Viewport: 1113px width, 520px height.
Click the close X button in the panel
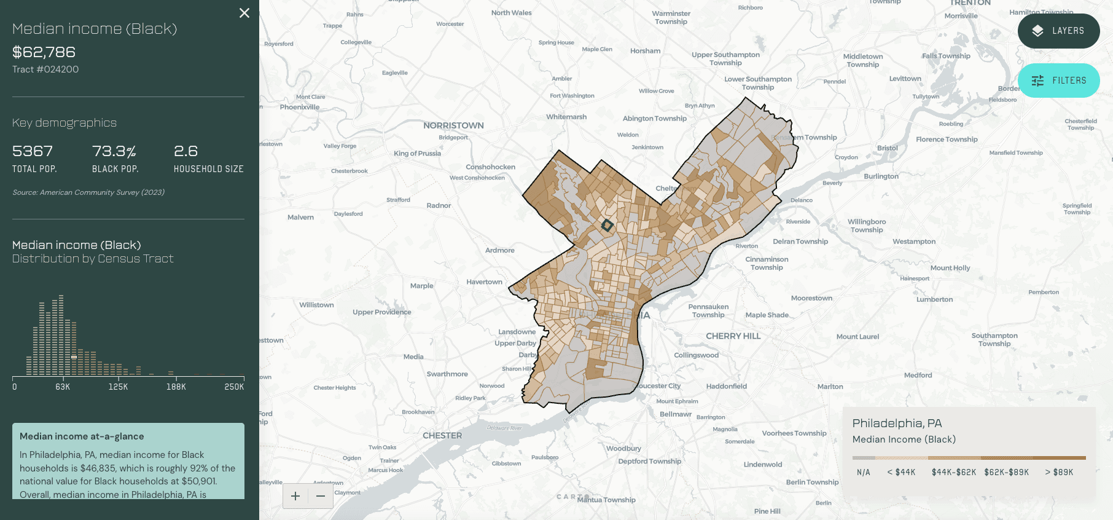tap(244, 13)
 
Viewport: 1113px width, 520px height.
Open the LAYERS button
tap(1058, 31)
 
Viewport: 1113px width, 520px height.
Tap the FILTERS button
tap(1058, 81)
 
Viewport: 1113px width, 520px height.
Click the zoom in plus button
tap(295, 496)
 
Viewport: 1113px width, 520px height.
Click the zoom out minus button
tap(321, 496)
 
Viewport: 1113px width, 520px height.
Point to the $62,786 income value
tap(44, 52)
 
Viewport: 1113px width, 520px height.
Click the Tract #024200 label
tap(45, 69)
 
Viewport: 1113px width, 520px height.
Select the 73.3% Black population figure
tap(114, 151)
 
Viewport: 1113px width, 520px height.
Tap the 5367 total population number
tap(33, 151)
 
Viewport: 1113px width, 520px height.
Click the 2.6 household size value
tap(185, 151)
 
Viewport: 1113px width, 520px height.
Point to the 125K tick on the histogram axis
tap(118, 387)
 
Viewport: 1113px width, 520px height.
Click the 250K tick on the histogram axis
tap(234, 387)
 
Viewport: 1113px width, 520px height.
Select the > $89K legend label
tap(1059, 472)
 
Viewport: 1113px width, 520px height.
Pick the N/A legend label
tap(864, 472)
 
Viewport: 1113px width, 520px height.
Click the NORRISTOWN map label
tap(453, 125)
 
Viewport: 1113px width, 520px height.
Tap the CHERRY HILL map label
tap(733, 336)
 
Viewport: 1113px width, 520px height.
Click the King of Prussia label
tap(417, 153)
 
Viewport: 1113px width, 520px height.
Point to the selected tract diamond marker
tap(607, 226)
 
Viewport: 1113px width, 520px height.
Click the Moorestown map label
tap(811, 298)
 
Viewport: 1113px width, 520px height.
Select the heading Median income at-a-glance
tap(82, 436)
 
